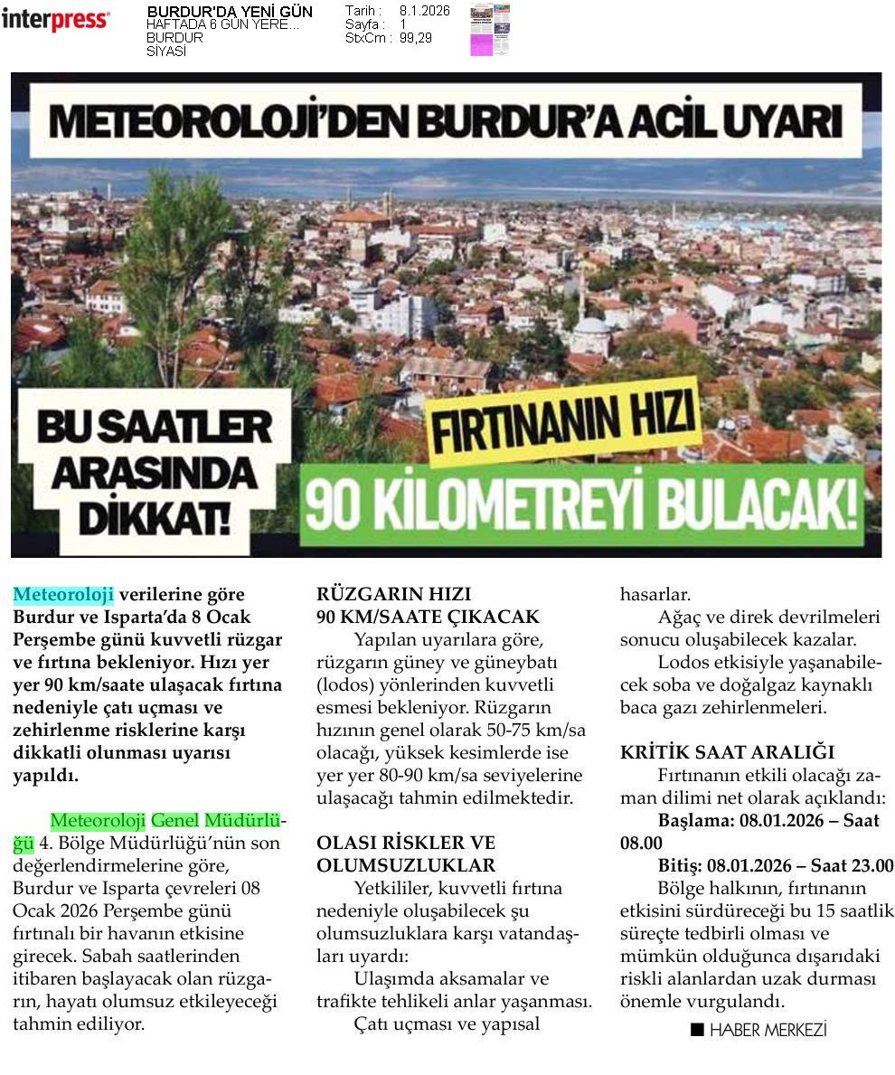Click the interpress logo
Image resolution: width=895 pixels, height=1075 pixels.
[55, 20]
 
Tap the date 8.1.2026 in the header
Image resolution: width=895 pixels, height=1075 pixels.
[424, 11]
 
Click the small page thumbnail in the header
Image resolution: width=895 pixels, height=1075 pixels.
[490, 30]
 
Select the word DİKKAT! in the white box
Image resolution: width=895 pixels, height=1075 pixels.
[153, 517]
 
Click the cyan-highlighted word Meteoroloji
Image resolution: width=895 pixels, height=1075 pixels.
[63, 595]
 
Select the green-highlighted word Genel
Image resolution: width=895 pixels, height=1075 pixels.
[174, 821]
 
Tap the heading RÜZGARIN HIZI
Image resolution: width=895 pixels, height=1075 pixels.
[393, 595]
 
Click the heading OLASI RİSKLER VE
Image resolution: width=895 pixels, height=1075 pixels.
[406, 844]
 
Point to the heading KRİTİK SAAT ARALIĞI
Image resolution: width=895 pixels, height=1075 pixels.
[727, 752]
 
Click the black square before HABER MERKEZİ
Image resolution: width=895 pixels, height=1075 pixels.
[697, 1029]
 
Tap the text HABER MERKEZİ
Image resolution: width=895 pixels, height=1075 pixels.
[768, 1029]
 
